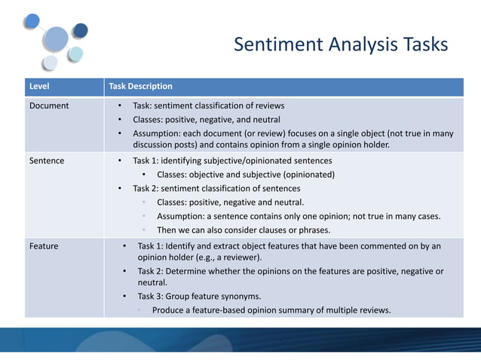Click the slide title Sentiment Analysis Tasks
click(x=341, y=45)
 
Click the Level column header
click(x=39, y=87)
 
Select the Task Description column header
click(x=141, y=87)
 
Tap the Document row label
click(x=49, y=106)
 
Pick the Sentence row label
click(x=47, y=161)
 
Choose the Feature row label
click(x=44, y=246)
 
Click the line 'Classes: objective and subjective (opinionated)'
click(x=246, y=175)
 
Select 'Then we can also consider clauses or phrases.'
click(x=243, y=230)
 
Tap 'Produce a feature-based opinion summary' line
click(x=271, y=310)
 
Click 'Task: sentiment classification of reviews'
click(x=209, y=106)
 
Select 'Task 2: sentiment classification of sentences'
click(x=216, y=188)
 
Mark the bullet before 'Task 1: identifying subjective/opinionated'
click(x=120, y=161)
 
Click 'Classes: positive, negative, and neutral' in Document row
click(x=207, y=120)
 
